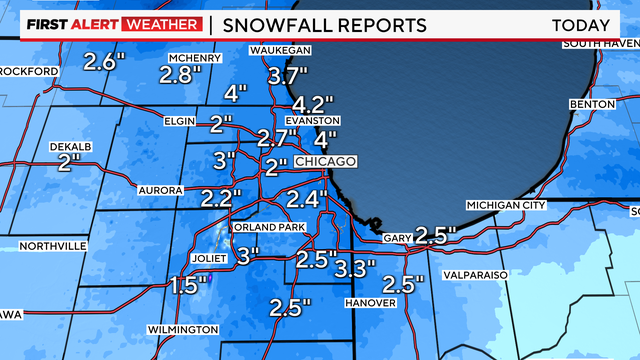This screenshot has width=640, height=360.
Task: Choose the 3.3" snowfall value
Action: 355,268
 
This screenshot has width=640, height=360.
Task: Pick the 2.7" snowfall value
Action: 278,138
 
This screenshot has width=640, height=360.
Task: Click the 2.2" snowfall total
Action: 222,197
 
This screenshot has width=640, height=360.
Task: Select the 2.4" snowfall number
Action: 308,197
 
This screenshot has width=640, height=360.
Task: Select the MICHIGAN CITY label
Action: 506,205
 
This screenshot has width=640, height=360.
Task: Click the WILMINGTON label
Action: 184,329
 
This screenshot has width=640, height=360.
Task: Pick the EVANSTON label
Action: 306,120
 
